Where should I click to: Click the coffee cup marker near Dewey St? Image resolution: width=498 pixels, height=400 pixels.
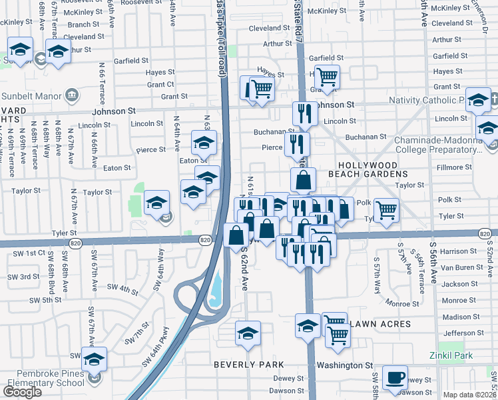click(x=395, y=377)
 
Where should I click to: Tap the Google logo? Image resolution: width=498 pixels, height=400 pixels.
click(x=22, y=392)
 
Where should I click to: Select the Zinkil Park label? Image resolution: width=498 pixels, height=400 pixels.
click(x=451, y=356)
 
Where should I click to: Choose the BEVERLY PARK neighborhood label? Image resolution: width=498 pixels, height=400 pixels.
click(x=249, y=365)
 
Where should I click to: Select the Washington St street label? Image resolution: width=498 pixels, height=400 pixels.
click(x=344, y=366)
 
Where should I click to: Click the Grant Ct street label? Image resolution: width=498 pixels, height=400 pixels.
click(x=160, y=85)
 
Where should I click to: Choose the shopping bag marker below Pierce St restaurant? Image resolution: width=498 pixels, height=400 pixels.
click(x=303, y=179)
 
